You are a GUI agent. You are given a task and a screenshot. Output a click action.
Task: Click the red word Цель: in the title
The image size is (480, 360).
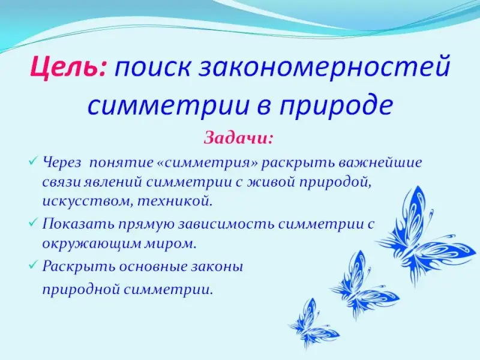coord(68,67)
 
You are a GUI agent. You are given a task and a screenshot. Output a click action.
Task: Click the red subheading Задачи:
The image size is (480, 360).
coord(238,138)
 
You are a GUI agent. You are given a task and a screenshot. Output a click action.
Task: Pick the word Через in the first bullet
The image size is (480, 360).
coord(62,163)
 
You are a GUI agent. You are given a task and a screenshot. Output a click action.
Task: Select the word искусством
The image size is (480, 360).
coord(87,202)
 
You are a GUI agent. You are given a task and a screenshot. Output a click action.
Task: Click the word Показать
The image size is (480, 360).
coord(78,224)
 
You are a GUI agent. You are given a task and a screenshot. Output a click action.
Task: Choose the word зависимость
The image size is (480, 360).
coord(227,224)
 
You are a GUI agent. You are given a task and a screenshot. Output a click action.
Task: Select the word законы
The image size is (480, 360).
coord(217,267)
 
